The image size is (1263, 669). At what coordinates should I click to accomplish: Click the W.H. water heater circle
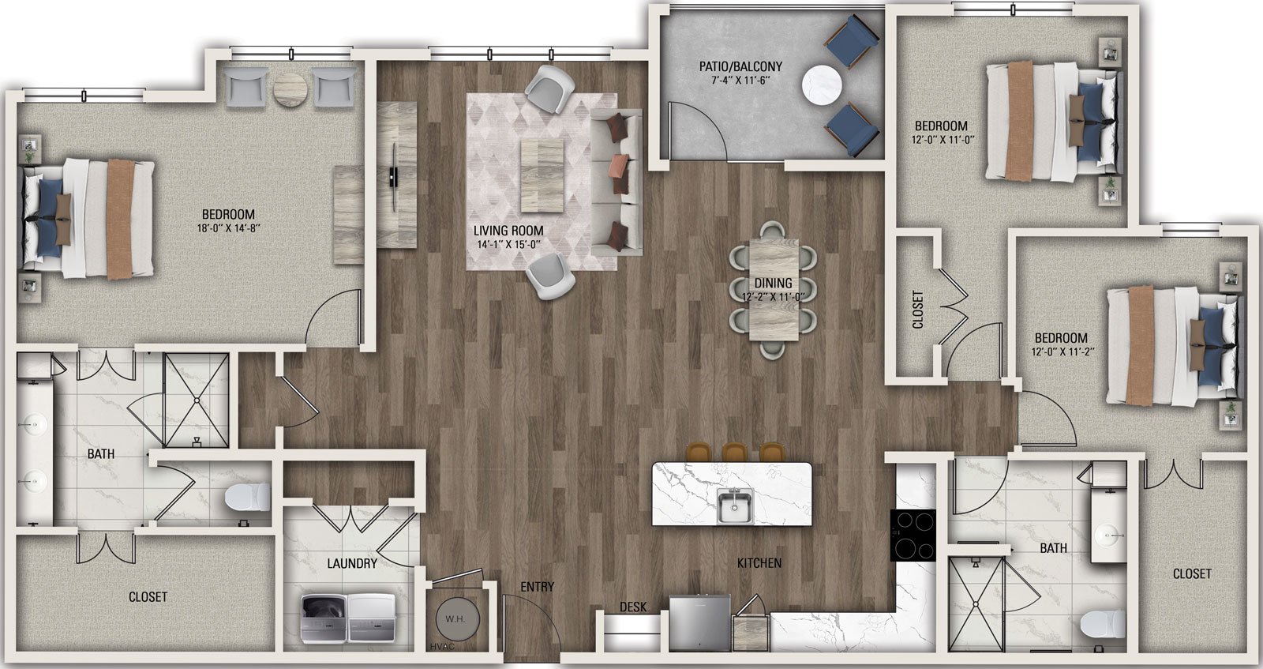[x=458, y=618]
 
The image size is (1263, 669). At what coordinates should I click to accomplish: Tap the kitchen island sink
[x=735, y=506]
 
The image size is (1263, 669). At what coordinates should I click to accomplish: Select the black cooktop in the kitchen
[x=913, y=535]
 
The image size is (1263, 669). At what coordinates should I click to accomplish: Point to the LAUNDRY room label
[x=352, y=563]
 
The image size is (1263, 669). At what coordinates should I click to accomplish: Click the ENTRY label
[x=537, y=587]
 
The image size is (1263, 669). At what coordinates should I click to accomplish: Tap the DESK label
[x=633, y=607]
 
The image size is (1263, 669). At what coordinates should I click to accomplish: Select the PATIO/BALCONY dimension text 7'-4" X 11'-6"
[x=740, y=80]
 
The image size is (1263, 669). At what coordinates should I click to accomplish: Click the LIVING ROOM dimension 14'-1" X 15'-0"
[x=508, y=244]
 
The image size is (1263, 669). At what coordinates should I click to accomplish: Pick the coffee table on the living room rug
[x=542, y=176]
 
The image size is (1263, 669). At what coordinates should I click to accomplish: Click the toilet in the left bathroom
[x=248, y=497]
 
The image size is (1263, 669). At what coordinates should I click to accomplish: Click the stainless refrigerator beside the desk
[x=699, y=622]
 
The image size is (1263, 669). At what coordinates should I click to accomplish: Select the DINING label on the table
[x=773, y=283]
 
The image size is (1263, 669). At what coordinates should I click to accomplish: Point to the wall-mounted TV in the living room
[x=393, y=164]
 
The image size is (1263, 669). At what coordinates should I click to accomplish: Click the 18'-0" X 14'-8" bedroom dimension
[x=228, y=228]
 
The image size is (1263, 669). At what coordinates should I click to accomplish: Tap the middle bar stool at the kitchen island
[x=734, y=452]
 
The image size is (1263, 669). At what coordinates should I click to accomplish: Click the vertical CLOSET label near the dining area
[x=918, y=310]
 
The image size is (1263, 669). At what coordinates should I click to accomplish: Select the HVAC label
[x=442, y=646]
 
